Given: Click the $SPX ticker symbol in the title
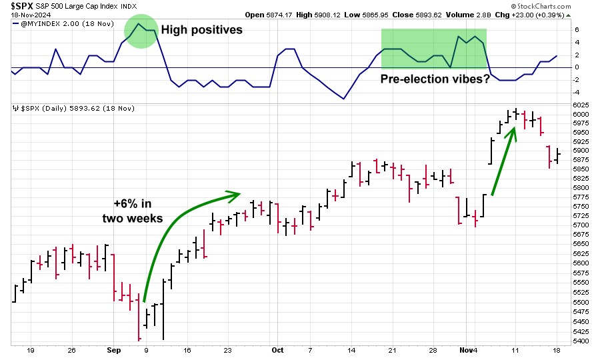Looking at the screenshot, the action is [x=22, y=6].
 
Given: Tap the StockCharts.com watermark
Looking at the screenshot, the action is [x=541, y=6].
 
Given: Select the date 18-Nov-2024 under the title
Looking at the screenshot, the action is [x=31, y=15].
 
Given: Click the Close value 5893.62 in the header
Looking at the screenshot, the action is [x=417, y=15].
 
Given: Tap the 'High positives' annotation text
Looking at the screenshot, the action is [x=201, y=30].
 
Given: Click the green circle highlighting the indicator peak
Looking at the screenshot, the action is [x=141, y=31].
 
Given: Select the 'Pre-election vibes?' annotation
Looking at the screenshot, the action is [x=435, y=79].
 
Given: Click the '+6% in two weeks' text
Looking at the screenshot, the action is [x=133, y=211].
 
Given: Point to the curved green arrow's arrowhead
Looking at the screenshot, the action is [x=233, y=196].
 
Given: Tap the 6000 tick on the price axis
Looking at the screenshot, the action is [x=581, y=115].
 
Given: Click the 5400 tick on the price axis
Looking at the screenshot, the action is [x=581, y=341].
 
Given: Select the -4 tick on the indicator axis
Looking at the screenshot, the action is [x=577, y=93].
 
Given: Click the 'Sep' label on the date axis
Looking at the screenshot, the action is [x=113, y=350].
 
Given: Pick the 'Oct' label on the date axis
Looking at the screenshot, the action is [x=277, y=350].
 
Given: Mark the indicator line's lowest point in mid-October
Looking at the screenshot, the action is [x=343, y=99].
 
